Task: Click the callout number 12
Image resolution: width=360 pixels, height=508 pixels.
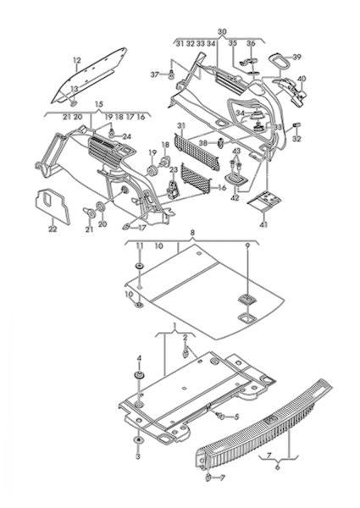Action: pos(77,60)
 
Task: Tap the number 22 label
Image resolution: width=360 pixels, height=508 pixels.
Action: pos(53,229)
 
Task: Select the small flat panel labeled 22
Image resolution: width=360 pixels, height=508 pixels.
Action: pos(52,207)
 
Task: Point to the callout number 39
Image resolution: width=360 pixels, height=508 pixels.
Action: pos(296,57)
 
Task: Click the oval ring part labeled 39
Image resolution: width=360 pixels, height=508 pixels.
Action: pos(279,61)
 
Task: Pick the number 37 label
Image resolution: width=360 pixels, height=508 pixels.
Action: pos(155,75)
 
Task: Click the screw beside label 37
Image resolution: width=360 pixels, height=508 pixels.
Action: pos(171,75)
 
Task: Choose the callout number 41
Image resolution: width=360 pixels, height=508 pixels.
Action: pos(263,224)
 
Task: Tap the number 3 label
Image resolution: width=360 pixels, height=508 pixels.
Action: pos(138,457)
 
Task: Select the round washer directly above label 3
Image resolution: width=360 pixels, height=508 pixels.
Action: pos(139,441)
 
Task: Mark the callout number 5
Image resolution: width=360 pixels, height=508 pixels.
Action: pos(236,417)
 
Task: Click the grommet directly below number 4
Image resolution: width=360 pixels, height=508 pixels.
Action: pos(140,376)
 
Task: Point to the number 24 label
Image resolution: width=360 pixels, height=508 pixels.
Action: pos(127,136)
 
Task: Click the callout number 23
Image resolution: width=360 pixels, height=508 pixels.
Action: pos(174,170)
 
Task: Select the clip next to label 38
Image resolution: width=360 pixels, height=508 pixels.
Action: pos(222,142)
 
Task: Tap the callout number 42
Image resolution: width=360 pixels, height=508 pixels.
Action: pos(235,198)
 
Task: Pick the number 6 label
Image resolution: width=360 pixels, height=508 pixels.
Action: pos(277,467)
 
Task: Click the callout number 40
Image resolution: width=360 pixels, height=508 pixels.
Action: pos(302,79)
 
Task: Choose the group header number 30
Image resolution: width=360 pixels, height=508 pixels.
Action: pos(222,32)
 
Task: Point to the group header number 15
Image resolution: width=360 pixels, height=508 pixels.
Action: pos(99,104)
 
